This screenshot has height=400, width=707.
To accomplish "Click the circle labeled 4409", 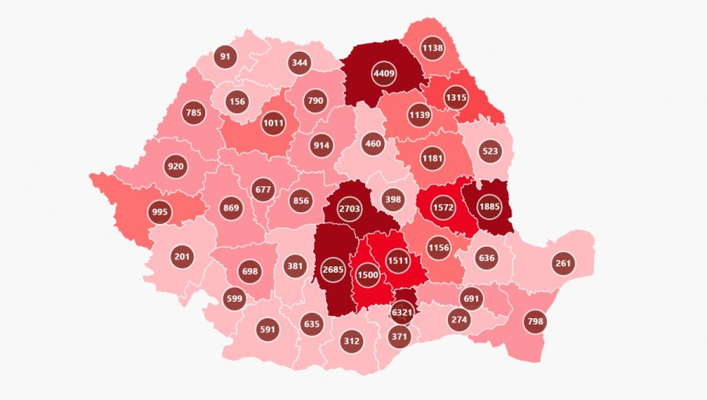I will (x=384, y=74).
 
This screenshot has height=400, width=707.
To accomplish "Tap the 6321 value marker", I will (x=402, y=313).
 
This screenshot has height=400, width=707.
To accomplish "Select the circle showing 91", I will (x=225, y=57).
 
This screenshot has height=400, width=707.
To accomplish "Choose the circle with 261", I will (x=563, y=263).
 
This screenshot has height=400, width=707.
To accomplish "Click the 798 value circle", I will (x=536, y=322).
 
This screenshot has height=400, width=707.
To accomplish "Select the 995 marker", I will (x=160, y=212).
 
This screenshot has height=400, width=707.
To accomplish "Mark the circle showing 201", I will (x=181, y=257).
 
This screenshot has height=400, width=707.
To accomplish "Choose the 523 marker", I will (x=490, y=151).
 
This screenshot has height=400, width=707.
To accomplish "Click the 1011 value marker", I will (x=273, y=124).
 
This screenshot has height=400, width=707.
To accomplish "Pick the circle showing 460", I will (x=373, y=143).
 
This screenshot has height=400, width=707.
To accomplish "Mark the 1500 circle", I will (x=368, y=275).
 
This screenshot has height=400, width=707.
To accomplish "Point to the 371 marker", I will (x=400, y=336).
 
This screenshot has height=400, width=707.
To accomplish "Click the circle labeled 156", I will (x=237, y=101).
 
